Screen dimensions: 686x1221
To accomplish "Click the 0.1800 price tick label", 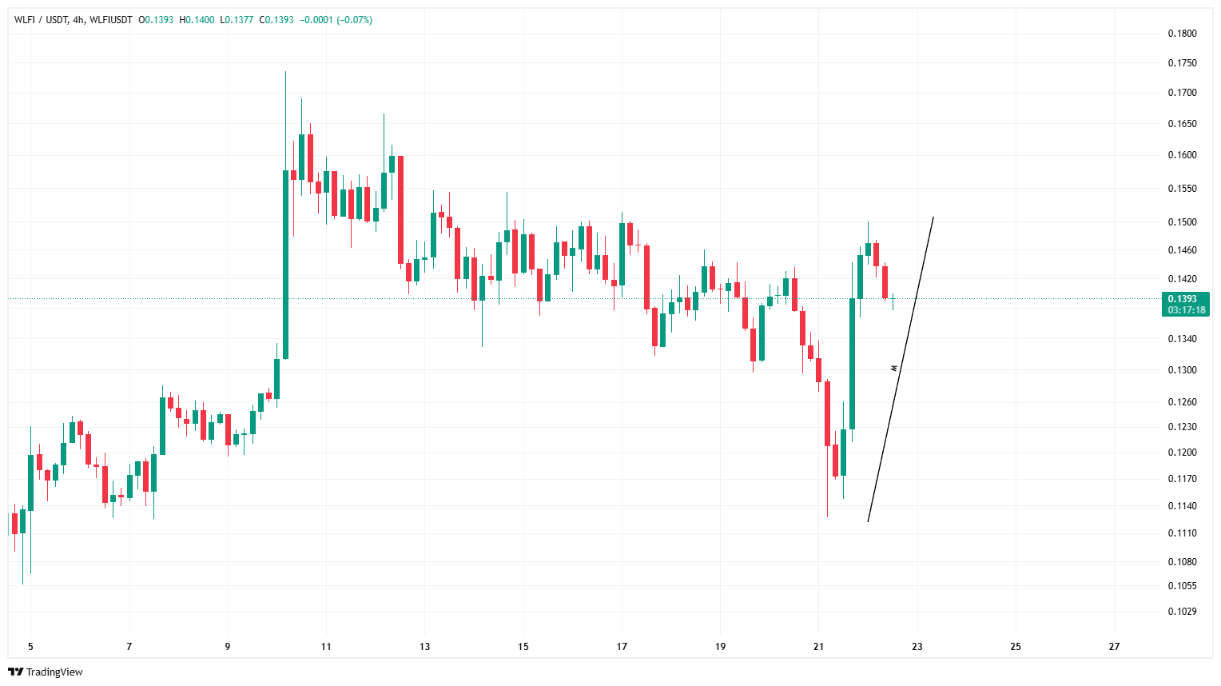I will [x=1182, y=34].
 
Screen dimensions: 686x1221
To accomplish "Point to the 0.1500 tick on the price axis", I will [x=1182, y=222].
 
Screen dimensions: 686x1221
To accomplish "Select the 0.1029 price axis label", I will [x=1182, y=612].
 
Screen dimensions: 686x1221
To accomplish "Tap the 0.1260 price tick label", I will [x=1182, y=402].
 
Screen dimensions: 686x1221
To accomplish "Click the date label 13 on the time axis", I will [x=424, y=647].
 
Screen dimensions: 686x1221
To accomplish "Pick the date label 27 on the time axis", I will [x=1114, y=647].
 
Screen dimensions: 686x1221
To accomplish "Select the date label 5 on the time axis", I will [x=30, y=647].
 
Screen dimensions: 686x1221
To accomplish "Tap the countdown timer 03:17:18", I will [x=1186, y=310].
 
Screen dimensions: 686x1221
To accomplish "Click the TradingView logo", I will [x=46, y=672].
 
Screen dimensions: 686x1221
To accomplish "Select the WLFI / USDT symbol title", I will [x=41, y=20].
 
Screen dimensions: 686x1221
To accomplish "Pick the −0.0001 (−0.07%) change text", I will [x=336, y=20].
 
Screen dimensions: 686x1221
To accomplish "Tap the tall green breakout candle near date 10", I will [x=285, y=264].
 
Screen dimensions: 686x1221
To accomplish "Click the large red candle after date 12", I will [x=400, y=209].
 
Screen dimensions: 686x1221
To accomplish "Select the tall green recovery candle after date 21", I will [x=852, y=364].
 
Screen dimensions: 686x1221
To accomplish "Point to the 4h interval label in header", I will [x=78, y=20].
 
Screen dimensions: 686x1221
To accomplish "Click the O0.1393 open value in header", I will [x=156, y=20].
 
